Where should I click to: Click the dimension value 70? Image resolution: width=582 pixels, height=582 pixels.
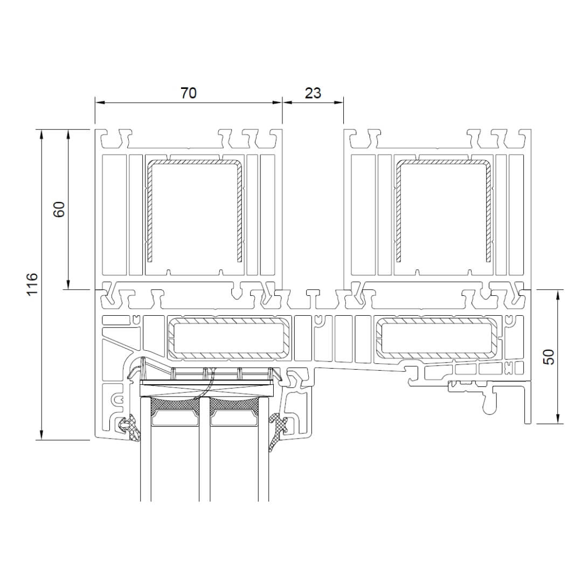[x=189, y=93]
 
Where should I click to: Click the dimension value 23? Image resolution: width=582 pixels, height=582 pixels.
[x=313, y=93]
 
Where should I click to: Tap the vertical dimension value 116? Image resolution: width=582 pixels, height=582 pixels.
[x=33, y=284]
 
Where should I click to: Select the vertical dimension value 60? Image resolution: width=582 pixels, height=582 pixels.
[x=59, y=209]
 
